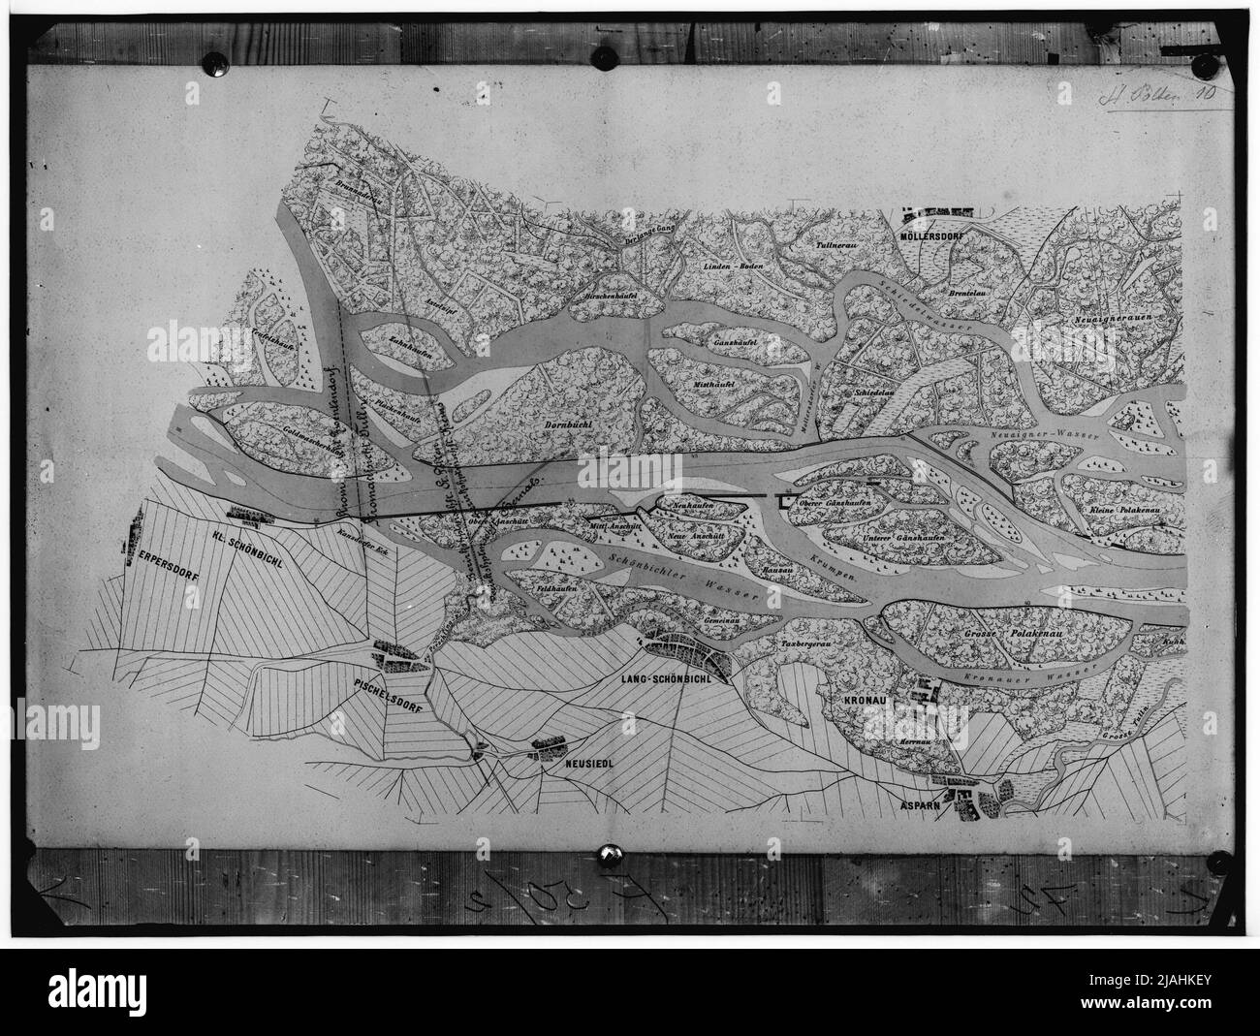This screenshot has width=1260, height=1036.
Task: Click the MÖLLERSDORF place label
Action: click(934, 235)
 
